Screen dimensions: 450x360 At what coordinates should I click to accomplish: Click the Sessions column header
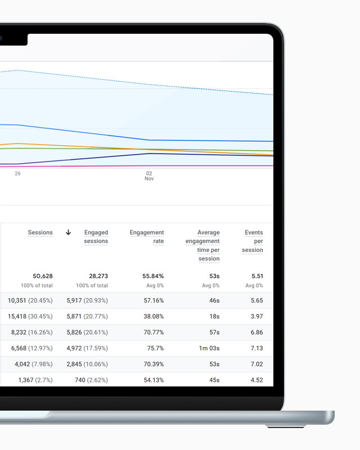[x=40, y=232]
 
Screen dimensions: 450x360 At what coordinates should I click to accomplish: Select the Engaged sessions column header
[x=96, y=237]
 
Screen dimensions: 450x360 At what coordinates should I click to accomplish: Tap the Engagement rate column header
[x=147, y=237]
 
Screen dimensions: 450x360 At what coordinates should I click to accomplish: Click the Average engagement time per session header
[x=202, y=245]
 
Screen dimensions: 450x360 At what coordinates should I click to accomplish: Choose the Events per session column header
[x=253, y=241]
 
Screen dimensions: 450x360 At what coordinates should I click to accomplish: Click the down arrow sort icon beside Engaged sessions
[x=69, y=232]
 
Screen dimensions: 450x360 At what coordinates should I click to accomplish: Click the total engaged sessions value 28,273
[x=98, y=276]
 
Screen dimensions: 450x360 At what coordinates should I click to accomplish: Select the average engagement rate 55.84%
[x=153, y=276]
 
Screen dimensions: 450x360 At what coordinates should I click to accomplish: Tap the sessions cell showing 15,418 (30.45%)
[x=30, y=317]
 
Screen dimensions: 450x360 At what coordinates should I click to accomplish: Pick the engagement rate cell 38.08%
[x=153, y=317]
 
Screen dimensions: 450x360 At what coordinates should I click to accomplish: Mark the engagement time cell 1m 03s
[x=207, y=348]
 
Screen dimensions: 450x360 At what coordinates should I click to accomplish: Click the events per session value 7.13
[x=256, y=348]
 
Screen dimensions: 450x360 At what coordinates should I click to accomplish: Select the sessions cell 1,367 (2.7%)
[x=35, y=380]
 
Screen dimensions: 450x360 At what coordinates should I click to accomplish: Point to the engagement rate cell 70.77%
[x=153, y=332]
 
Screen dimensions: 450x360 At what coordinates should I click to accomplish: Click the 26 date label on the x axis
[x=17, y=173]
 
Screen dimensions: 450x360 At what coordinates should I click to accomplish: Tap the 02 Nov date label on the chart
[x=149, y=176]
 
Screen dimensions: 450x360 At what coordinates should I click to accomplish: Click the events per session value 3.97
[x=256, y=317]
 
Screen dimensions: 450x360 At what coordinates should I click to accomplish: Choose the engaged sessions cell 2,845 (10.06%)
[x=85, y=364]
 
